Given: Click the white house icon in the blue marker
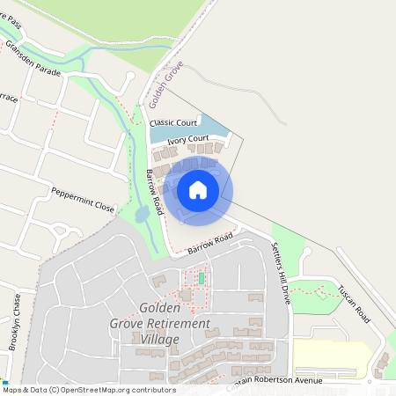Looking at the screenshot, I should [x=198, y=190].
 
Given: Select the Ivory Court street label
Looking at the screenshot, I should [x=187, y=139].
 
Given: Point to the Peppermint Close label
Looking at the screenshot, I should [x=83, y=200].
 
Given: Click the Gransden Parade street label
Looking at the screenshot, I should [x=33, y=58].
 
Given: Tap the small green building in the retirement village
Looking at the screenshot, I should [x=202, y=279].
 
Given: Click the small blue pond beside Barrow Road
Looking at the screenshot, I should [x=143, y=214].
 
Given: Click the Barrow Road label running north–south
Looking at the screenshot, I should [x=155, y=193].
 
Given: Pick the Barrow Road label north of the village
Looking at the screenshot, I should [x=210, y=245].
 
